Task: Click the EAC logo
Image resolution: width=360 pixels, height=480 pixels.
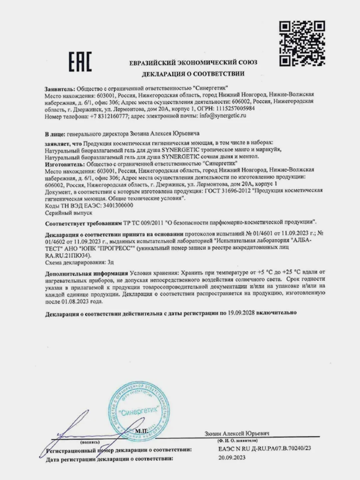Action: click(80, 62)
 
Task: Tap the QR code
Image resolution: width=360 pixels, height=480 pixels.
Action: click(302, 43)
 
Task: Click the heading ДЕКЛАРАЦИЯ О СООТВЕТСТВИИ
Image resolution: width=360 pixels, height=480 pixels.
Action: click(193, 74)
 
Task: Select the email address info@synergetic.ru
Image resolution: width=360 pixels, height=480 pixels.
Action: click(223, 116)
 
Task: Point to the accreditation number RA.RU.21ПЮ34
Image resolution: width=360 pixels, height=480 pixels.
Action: click(67, 255)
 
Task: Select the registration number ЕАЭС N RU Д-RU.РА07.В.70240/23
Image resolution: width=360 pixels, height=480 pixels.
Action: click(265, 449)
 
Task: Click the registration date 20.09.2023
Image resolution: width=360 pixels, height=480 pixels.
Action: click(232, 458)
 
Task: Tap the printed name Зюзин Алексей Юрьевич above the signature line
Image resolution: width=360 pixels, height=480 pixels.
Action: click(237, 433)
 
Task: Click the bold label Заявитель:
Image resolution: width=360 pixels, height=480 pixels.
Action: click(60, 88)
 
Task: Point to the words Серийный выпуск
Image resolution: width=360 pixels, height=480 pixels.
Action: click(68, 212)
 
